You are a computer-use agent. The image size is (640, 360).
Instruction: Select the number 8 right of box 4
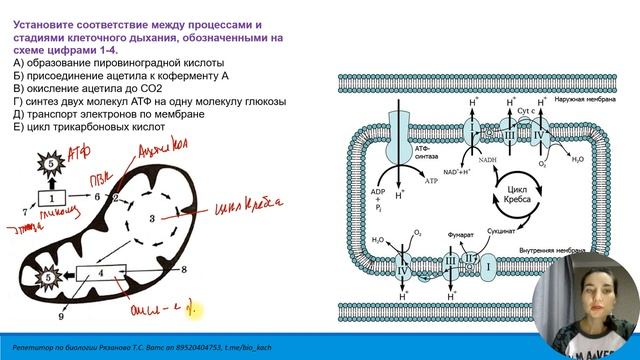[184, 271]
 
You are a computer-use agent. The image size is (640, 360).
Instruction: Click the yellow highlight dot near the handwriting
[200, 314]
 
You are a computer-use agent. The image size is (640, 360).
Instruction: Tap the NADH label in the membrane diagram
[461, 160]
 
